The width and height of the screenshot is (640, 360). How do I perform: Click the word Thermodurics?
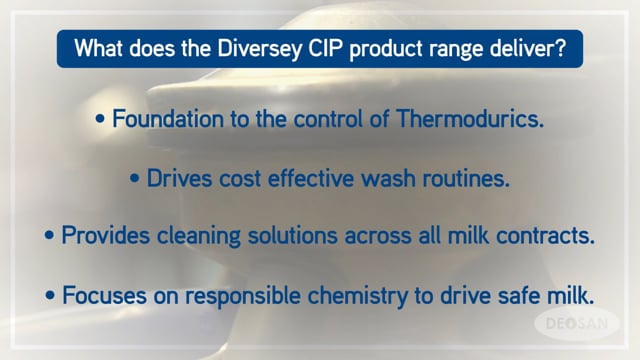tap(471, 121)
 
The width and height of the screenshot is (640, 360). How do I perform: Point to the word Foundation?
tap(161, 121)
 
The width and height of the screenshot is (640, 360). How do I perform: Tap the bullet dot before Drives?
tap(138, 180)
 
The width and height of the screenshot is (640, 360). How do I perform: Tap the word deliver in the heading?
tap(539, 49)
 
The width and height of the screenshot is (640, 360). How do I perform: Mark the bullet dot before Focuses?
tap(52, 296)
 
